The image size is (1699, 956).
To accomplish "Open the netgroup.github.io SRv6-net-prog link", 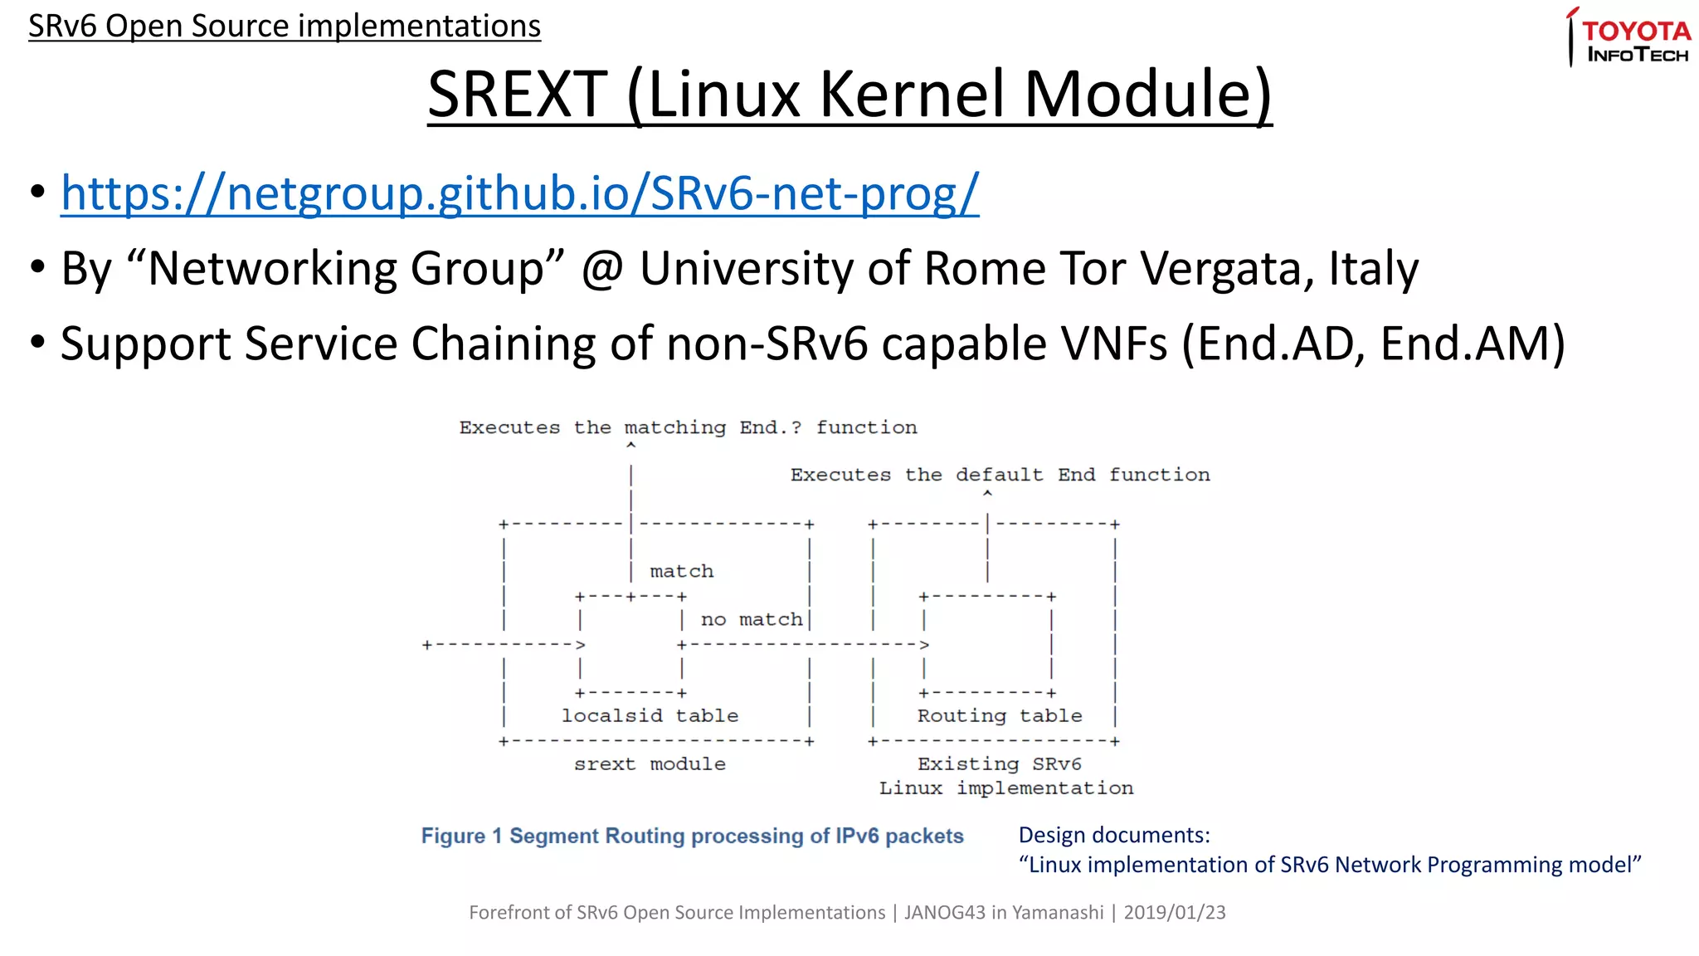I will pos(519,193).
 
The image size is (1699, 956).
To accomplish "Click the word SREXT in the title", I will pos(518,95).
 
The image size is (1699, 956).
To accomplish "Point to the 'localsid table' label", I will pos(650,715).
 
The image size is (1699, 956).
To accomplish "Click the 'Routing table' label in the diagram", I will pos(999,715).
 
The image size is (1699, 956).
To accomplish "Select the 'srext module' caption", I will pos(650,763).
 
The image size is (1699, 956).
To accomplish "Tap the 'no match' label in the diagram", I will pos(752,619).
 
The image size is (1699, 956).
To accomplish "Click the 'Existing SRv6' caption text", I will pos(999,763).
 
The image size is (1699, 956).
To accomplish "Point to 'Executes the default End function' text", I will pos(1000,475).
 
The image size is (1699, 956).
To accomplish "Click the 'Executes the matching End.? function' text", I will pos(688,427).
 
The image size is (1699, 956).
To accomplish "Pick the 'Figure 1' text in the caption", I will pos(461,836).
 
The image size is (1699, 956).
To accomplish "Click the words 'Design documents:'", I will pos(1114,835).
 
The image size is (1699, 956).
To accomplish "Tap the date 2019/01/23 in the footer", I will pos(1174,912).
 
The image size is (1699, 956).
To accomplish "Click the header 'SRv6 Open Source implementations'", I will pos(285,26).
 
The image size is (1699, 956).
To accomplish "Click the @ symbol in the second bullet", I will pos(602,269).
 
